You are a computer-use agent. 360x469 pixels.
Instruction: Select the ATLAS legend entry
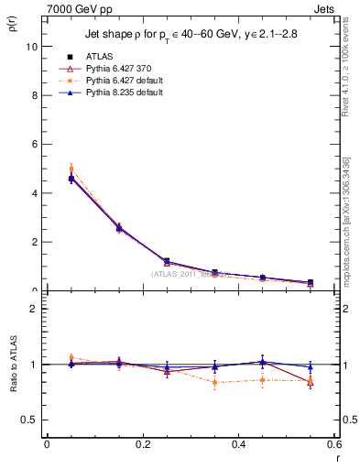99,56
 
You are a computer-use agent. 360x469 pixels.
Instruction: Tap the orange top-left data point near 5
71,169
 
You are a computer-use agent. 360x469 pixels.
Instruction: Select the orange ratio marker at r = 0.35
214,382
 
